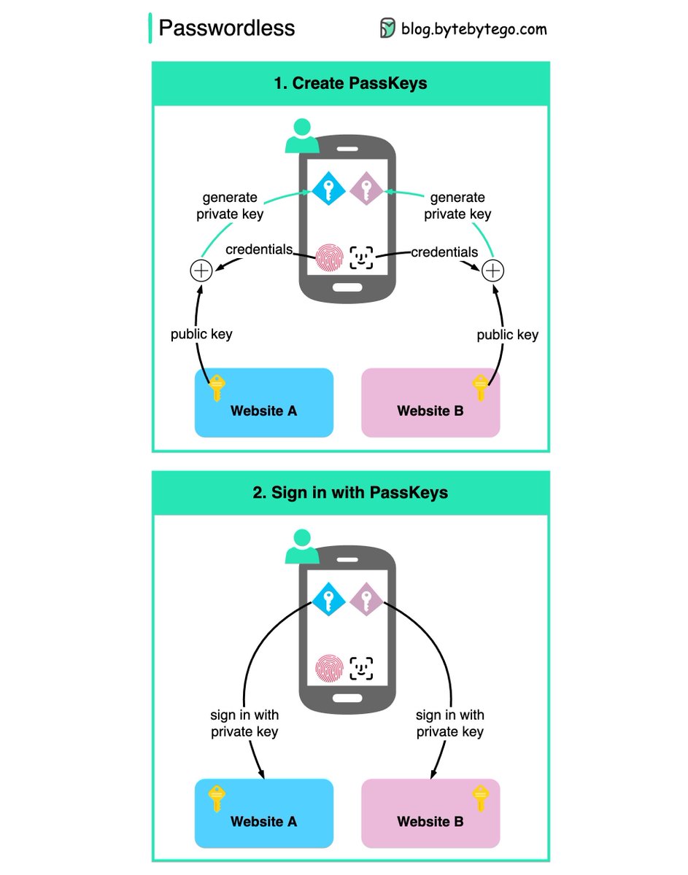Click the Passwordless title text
(227, 28)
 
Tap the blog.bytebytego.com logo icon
(387, 28)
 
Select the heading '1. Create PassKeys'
(350, 83)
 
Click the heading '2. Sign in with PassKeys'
(350, 492)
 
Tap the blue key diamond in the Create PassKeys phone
(328, 190)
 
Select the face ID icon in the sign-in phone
(362, 667)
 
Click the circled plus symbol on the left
(201, 271)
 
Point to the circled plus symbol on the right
(494, 271)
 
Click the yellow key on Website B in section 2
(480, 798)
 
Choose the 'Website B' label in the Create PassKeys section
(430, 411)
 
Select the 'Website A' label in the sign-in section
(263, 822)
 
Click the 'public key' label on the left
(201, 334)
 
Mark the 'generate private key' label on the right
(457, 206)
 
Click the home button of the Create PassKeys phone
(347, 287)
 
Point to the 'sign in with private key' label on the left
(244, 723)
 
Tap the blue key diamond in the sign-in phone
(328, 601)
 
